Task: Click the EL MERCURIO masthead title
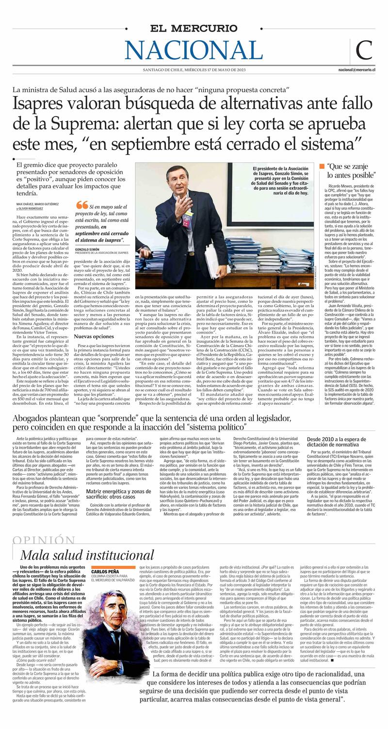(x=194, y=29)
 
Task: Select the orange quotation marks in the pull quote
(x=81, y=205)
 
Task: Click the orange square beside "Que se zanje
(x=322, y=166)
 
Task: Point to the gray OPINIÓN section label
(x=44, y=541)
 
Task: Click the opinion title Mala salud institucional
(x=87, y=555)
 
